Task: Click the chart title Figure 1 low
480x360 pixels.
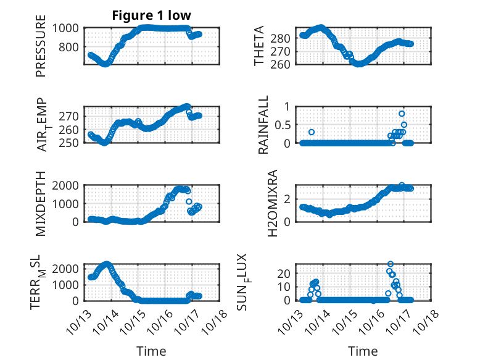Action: click(x=151, y=15)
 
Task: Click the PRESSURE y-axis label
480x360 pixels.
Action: click(x=41, y=50)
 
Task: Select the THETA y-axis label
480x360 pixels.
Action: click(x=260, y=46)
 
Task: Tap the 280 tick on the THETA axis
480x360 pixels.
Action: click(x=281, y=38)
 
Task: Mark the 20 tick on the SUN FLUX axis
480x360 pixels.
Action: click(x=284, y=273)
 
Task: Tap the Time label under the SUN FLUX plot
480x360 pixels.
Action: click(x=363, y=351)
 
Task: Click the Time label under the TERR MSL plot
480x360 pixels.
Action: click(x=151, y=351)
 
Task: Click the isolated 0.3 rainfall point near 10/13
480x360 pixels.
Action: click(x=312, y=132)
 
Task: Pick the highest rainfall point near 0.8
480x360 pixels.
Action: click(x=402, y=114)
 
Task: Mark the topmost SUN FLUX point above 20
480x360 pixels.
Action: click(x=390, y=264)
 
